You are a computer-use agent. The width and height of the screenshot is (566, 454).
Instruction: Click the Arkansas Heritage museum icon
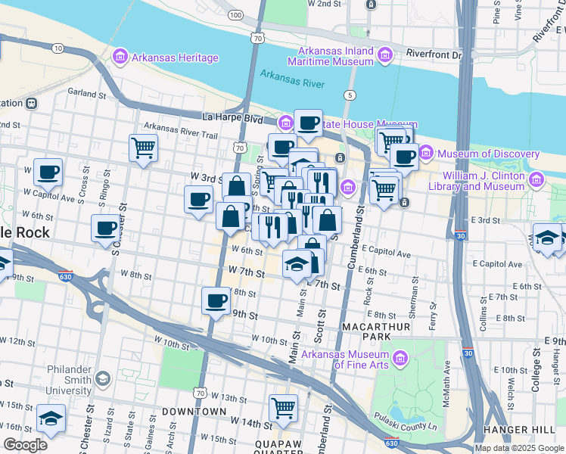[x=120, y=58]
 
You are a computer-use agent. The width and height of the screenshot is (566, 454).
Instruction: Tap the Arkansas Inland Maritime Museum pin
[x=385, y=55]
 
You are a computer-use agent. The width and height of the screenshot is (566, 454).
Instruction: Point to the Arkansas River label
[x=291, y=75]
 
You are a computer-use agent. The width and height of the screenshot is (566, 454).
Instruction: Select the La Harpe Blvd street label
[x=232, y=118]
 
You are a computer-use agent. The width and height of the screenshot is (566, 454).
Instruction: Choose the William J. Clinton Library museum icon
[x=536, y=180]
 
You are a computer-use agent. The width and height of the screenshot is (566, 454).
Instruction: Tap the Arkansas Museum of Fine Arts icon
[x=400, y=358]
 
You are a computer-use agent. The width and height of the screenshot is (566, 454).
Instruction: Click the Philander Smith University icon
[x=103, y=378]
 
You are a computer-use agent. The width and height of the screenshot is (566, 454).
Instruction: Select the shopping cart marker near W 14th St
[x=283, y=407]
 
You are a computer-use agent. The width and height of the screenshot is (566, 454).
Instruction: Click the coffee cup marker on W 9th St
[x=216, y=301]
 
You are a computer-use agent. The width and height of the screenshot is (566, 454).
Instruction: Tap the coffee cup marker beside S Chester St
[x=106, y=228]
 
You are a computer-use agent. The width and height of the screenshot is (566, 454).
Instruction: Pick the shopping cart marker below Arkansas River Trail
[x=143, y=148]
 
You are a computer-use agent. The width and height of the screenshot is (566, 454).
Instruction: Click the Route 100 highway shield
[x=236, y=14]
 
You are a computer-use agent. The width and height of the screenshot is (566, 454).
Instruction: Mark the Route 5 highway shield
[x=349, y=95]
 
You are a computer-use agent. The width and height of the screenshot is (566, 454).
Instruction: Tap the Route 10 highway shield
[x=58, y=48]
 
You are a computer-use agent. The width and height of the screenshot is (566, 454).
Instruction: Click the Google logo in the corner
[x=26, y=445]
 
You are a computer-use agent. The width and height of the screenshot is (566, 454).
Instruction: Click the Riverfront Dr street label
[x=434, y=54]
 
